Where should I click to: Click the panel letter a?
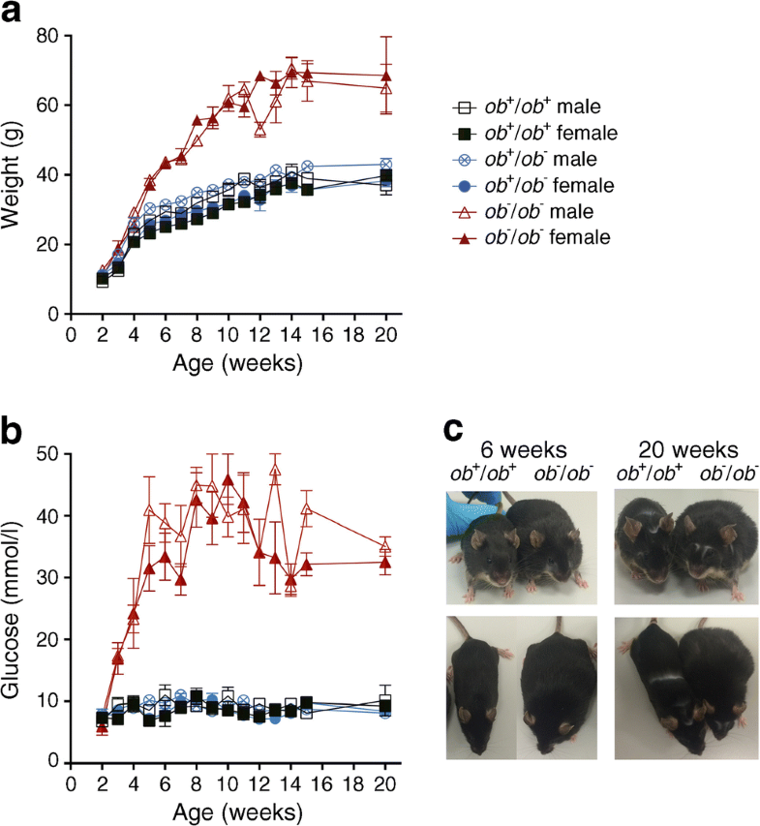(15, 15)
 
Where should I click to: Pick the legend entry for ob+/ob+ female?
(537, 132)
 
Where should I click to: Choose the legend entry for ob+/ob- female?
(537, 184)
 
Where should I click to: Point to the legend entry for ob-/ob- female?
(537, 236)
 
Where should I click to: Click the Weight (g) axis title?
(15, 174)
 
